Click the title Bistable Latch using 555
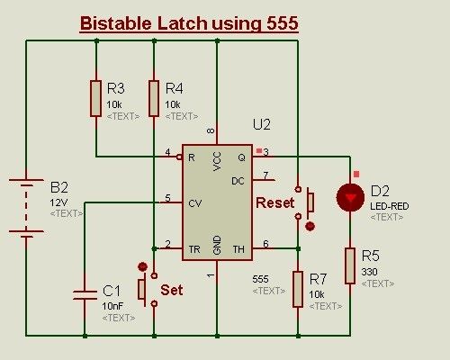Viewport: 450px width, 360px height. (x=189, y=24)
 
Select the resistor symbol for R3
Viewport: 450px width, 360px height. (x=95, y=98)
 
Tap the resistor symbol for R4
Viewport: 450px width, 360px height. (x=154, y=98)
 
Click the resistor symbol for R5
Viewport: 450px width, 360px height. (x=349, y=265)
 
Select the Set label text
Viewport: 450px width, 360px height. (x=171, y=291)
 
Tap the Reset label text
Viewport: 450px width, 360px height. (x=274, y=203)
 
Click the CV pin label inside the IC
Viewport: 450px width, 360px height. (x=194, y=202)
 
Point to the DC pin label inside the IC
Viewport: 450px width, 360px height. (x=238, y=180)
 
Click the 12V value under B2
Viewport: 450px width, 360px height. (x=58, y=202)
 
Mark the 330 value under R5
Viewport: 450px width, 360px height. (x=370, y=272)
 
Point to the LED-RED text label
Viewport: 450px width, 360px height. (x=389, y=206)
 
